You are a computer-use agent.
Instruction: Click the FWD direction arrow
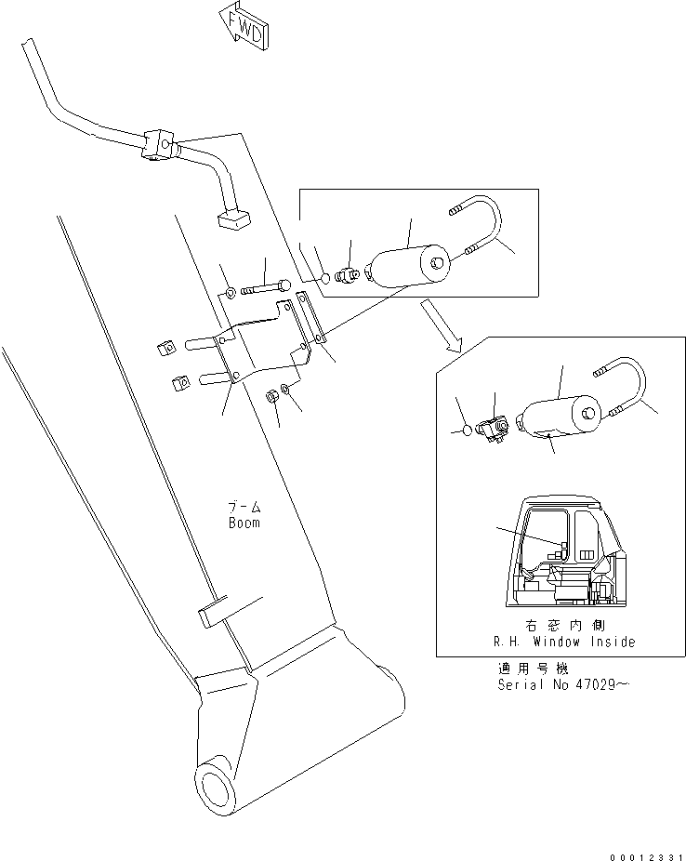(244, 28)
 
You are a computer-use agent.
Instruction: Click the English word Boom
(244, 523)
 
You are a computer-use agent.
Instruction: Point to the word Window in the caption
(556, 642)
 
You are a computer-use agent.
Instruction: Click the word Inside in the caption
(613, 642)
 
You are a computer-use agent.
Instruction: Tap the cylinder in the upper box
(410, 267)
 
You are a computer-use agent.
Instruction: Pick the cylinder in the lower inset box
(558, 417)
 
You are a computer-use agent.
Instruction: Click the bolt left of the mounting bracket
(266, 286)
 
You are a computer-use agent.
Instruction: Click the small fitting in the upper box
(347, 273)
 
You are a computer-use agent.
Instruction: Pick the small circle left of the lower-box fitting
(466, 430)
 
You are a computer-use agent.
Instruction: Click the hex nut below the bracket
(271, 395)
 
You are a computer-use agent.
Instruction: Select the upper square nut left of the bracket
(166, 348)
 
